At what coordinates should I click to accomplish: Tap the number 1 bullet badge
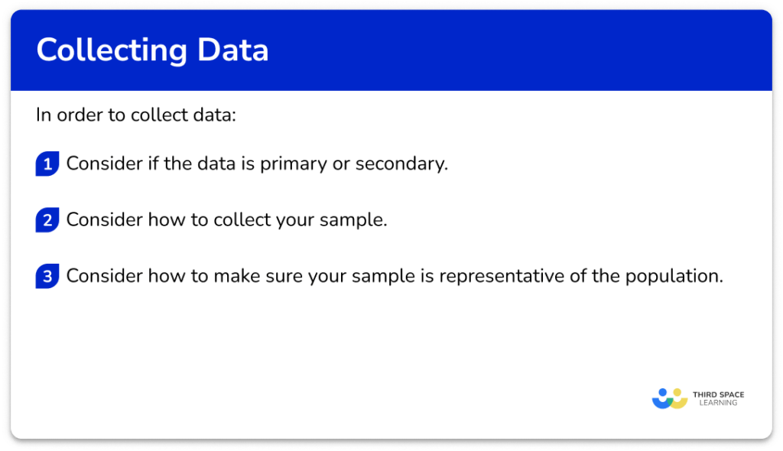[47, 164]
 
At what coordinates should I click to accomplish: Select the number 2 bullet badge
[47, 221]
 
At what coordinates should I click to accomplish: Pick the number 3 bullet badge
[47, 277]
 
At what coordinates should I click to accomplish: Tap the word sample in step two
[357, 220]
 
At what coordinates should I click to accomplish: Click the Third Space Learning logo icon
[670, 398]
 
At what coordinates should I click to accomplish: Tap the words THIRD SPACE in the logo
[718, 394]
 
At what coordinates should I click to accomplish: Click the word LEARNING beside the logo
[718, 404]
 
